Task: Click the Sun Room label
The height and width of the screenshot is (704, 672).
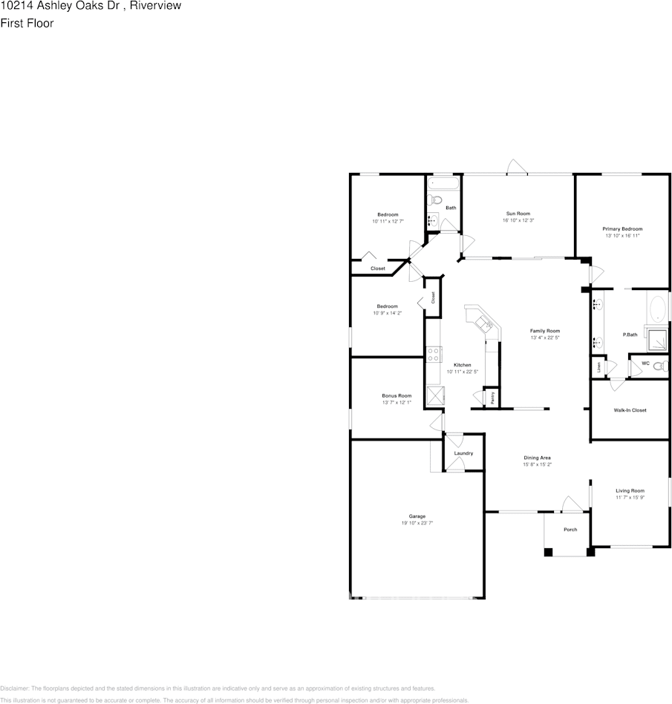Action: pos(518,214)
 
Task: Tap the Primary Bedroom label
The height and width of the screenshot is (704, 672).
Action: pos(622,229)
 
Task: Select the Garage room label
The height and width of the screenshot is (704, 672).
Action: pos(417,516)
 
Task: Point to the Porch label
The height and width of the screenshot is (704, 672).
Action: pos(570,530)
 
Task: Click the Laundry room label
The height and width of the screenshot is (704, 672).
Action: pos(463,453)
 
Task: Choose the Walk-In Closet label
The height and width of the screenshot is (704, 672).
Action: pos(630,410)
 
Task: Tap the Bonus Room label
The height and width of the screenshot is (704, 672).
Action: pos(397,396)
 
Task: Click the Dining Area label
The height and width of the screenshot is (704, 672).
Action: pos(537,458)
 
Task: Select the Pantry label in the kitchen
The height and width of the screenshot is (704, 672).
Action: pos(494,398)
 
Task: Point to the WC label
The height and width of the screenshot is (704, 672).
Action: pos(645,363)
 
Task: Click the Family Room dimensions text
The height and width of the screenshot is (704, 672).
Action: pos(544,338)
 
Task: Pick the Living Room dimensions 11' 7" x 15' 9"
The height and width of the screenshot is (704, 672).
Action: pos(630,497)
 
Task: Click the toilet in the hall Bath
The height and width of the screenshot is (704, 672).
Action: pos(437,200)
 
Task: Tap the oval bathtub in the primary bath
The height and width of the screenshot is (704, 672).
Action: pos(659,309)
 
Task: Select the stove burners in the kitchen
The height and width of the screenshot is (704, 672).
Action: pos(434,355)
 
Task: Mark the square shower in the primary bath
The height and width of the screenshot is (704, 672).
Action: pos(658,339)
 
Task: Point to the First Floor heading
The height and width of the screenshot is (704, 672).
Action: pos(27,23)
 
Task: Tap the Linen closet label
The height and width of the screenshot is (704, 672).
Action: pos(598,366)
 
